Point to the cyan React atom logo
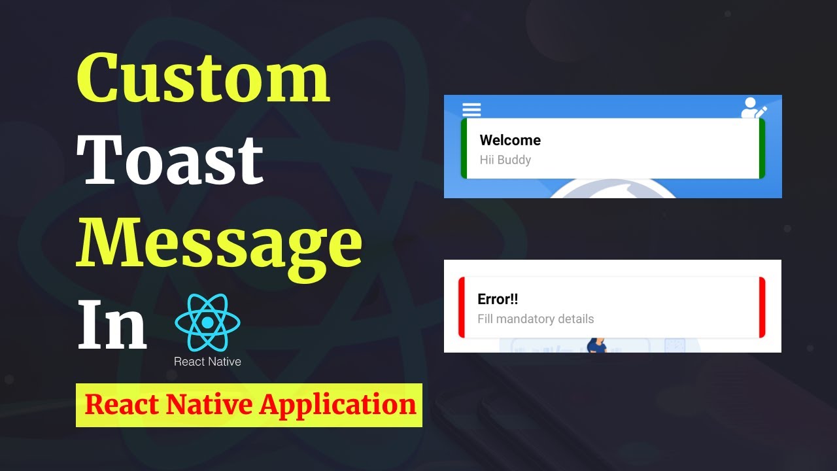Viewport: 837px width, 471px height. pyautogui.click(x=208, y=323)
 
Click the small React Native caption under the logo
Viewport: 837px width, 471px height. pyautogui.click(x=207, y=361)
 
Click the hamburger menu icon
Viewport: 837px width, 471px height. pyautogui.click(x=471, y=109)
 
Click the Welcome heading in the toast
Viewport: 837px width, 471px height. pyautogui.click(x=510, y=140)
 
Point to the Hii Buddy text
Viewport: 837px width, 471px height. pyautogui.click(x=505, y=160)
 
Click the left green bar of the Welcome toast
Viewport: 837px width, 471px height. pyautogui.click(x=464, y=148)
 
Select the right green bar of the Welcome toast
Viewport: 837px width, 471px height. pyautogui.click(x=762, y=148)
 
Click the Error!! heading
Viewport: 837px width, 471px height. pyautogui.click(x=498, y=299)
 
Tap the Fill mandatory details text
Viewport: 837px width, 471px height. pyautogui.click(x=536, y=319)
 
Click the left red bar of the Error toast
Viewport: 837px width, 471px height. pyautogui.click(x=462, y=307)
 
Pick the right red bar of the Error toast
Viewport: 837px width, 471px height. pyautogui.click(x=762, y=307)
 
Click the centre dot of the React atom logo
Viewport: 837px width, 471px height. pyautogui.click(x=208, y=323)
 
